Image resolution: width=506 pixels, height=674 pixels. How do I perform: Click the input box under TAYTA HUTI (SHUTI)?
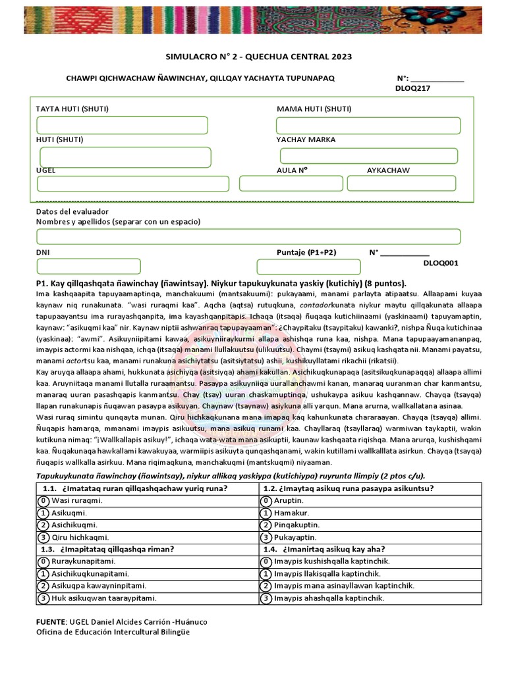point(122,125)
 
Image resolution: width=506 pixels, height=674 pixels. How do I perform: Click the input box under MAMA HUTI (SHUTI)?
point(367,125)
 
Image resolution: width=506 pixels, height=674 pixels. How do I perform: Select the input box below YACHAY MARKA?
point(368,156)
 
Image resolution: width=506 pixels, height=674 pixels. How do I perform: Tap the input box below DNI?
point(89,266)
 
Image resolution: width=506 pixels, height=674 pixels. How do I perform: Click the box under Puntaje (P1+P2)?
point(308,267)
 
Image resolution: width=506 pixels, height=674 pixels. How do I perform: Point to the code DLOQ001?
point(441,263)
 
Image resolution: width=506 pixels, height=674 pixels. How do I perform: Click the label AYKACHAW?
point(388,170)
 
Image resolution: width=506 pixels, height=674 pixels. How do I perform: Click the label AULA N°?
point(292,170)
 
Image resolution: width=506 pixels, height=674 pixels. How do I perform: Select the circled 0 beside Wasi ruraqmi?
point(43,500)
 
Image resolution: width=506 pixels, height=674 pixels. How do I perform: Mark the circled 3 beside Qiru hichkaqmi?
point(43,537)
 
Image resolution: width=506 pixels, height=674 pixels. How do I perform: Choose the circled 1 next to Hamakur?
point(266,513)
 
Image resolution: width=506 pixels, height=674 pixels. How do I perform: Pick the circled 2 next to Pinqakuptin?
point(266,525)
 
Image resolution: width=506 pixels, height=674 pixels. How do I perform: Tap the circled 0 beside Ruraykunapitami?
point(43,561)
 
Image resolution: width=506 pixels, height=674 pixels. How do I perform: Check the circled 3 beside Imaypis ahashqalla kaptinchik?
point(266,598)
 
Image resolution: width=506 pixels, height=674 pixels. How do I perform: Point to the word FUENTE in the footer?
point(50,622)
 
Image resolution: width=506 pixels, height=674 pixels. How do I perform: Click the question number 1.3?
point(47,549)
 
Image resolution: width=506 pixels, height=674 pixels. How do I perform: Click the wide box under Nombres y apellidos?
point(248,237)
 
